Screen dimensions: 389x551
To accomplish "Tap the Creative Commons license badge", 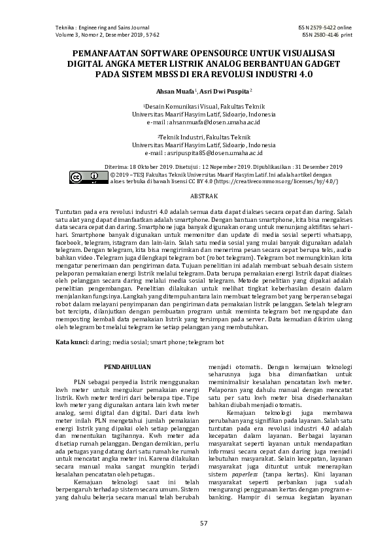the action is (85, 177).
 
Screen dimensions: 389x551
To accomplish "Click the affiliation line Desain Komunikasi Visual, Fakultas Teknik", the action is (195, 105).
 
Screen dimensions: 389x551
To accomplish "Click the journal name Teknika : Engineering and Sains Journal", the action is (103, 27).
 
